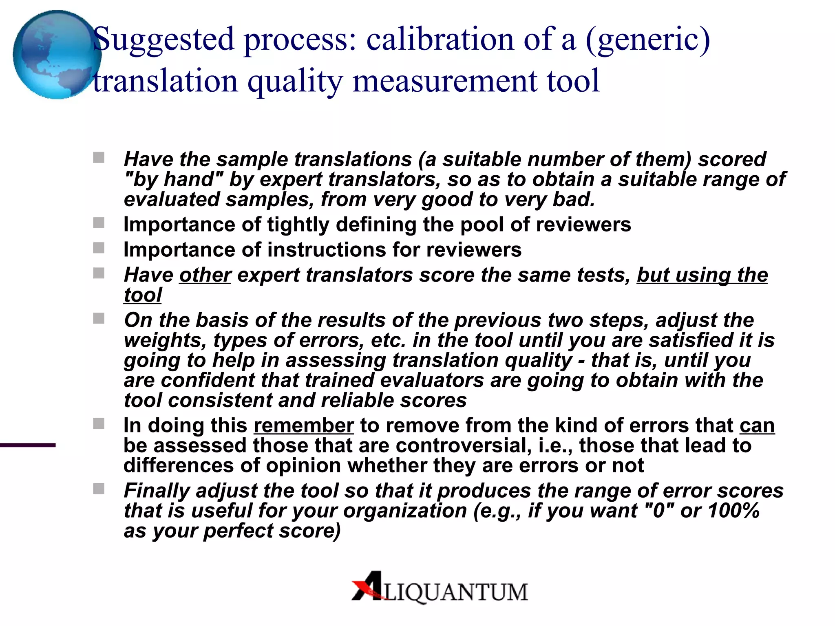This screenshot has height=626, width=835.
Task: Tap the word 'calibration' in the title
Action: click(440, 39)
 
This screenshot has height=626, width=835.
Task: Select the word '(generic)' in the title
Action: click(648, 40)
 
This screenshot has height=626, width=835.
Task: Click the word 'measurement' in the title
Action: click(444, 81)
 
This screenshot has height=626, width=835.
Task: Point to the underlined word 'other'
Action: click(205, 275)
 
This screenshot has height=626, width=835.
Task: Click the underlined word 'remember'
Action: click(303, 425)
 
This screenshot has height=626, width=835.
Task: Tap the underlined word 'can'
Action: click(757, 425)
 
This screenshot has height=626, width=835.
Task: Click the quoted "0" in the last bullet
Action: click(659, 511)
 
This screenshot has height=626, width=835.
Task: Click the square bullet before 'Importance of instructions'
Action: click(99, 248)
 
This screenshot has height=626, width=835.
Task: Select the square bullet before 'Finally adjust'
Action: click(99, 489)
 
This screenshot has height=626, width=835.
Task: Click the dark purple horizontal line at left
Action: click(28, 445)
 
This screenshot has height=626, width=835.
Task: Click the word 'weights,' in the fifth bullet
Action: click(166, 340)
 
